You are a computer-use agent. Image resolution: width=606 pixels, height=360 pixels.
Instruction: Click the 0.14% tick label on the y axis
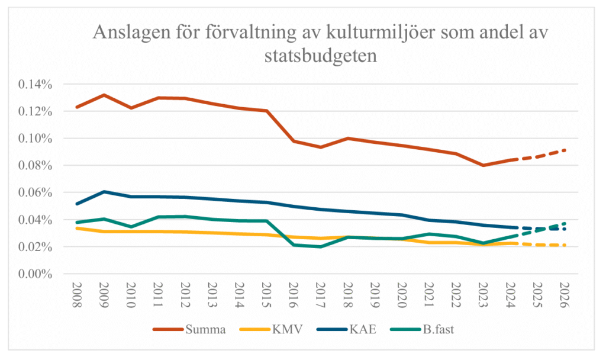(x=36, y=84)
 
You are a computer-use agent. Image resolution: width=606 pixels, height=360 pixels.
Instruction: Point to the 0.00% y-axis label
(x=36, y=274)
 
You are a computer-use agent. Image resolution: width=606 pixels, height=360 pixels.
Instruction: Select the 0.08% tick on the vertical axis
(x=36, y=166)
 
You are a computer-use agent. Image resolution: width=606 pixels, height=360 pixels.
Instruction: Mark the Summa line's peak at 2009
(x=104, y=95)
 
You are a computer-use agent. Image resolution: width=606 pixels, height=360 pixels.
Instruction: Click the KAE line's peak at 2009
(x=104, y=192)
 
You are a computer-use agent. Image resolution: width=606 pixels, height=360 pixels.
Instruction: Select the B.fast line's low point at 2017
(x=320, y=246)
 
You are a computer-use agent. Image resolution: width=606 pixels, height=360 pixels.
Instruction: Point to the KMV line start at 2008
(x=77, y=228)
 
